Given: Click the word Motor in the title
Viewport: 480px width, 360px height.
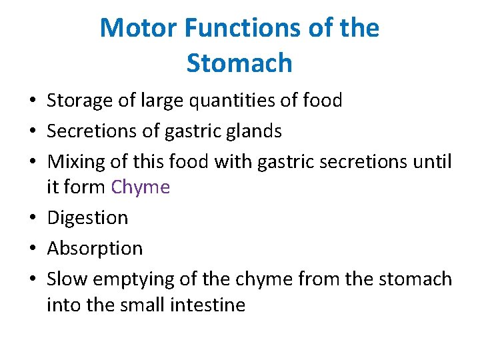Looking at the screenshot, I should click(x=138, y=28).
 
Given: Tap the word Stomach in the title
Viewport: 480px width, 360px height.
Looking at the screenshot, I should click(x=239, y=63).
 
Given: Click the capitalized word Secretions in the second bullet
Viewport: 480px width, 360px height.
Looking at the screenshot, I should click(x=90, y=131).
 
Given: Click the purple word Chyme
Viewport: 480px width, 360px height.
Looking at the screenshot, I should click(x=141, y=187).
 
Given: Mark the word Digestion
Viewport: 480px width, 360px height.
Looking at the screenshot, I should click(x=87, y=218).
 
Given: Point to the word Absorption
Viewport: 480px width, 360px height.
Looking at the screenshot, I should click(x=95, y=249).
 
